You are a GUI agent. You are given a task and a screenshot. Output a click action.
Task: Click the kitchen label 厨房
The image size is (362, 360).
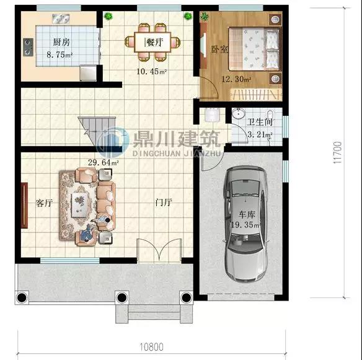(x=61, y=42)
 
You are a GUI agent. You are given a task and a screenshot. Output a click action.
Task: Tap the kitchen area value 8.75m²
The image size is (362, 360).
(x=60, y=55)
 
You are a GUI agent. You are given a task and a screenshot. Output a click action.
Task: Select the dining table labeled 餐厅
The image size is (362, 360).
(x=152, y=42)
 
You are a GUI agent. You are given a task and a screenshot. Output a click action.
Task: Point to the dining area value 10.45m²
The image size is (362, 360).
(x=151, y=71)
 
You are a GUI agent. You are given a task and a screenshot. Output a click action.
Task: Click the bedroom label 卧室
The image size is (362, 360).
(x=219, y=49)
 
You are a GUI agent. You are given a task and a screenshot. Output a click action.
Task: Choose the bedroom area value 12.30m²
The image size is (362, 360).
(x=236, y=79)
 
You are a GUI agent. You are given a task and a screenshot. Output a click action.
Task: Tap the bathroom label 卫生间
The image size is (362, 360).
(x=260, y=122)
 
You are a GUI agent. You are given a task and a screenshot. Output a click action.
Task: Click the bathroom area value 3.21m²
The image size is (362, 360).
(x=260, y=134)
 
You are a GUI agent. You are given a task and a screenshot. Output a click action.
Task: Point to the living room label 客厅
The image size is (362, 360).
(x=44, y=203)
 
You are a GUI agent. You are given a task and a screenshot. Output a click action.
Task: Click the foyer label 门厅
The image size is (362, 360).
(x=164, y=203)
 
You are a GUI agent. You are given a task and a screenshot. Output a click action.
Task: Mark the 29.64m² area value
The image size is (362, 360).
(x=103, y=162)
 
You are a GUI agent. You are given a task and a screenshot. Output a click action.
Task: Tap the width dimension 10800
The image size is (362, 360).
(x=151, y=347)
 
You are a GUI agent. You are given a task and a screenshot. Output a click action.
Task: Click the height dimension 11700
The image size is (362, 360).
(x=338, y=152)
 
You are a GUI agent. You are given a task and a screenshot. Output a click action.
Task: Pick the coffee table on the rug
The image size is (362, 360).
(x=80, y=205)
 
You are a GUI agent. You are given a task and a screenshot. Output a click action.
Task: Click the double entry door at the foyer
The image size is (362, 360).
(x=159, y=250)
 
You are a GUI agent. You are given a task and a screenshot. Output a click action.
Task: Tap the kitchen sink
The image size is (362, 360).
(x=61, y=19)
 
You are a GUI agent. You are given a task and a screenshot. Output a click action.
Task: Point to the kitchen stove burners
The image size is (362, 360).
(x=28, y=47)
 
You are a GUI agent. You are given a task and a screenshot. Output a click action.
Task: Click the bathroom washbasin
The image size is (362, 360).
(x=238, y=113)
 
